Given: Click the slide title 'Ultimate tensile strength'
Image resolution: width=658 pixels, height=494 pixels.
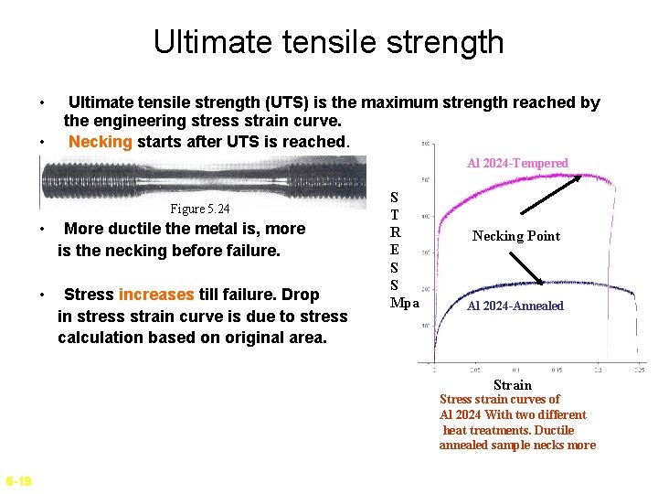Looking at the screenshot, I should (x=328, y=42).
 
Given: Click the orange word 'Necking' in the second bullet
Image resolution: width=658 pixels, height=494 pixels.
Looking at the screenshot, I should (x=101, y=142).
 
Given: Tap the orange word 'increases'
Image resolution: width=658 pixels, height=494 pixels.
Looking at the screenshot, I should (x=155, y=295).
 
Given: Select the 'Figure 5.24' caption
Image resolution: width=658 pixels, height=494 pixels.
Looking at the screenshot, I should (x=200, y=209).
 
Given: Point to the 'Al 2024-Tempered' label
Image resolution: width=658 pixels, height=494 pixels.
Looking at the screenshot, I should (x=517, y=163).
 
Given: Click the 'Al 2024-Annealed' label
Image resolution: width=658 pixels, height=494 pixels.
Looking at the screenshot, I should (x=515, y=306).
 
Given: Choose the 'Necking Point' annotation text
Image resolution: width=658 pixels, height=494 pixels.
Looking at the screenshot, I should (x=516, y=236).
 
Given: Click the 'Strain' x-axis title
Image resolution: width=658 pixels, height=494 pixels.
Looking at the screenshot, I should (x=512, y=385).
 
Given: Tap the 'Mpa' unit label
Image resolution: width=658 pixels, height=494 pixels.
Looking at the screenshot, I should (x=405, y=303).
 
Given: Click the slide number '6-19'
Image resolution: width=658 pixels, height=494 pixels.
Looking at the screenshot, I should (x=18, y=481).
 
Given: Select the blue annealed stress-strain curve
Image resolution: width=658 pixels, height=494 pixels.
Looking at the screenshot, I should (x=493, y=285).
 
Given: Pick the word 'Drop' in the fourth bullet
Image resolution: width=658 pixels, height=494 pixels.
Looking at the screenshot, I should (x=301, y=295).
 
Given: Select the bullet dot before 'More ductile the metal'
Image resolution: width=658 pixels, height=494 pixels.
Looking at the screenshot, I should (x=43, y=229).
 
